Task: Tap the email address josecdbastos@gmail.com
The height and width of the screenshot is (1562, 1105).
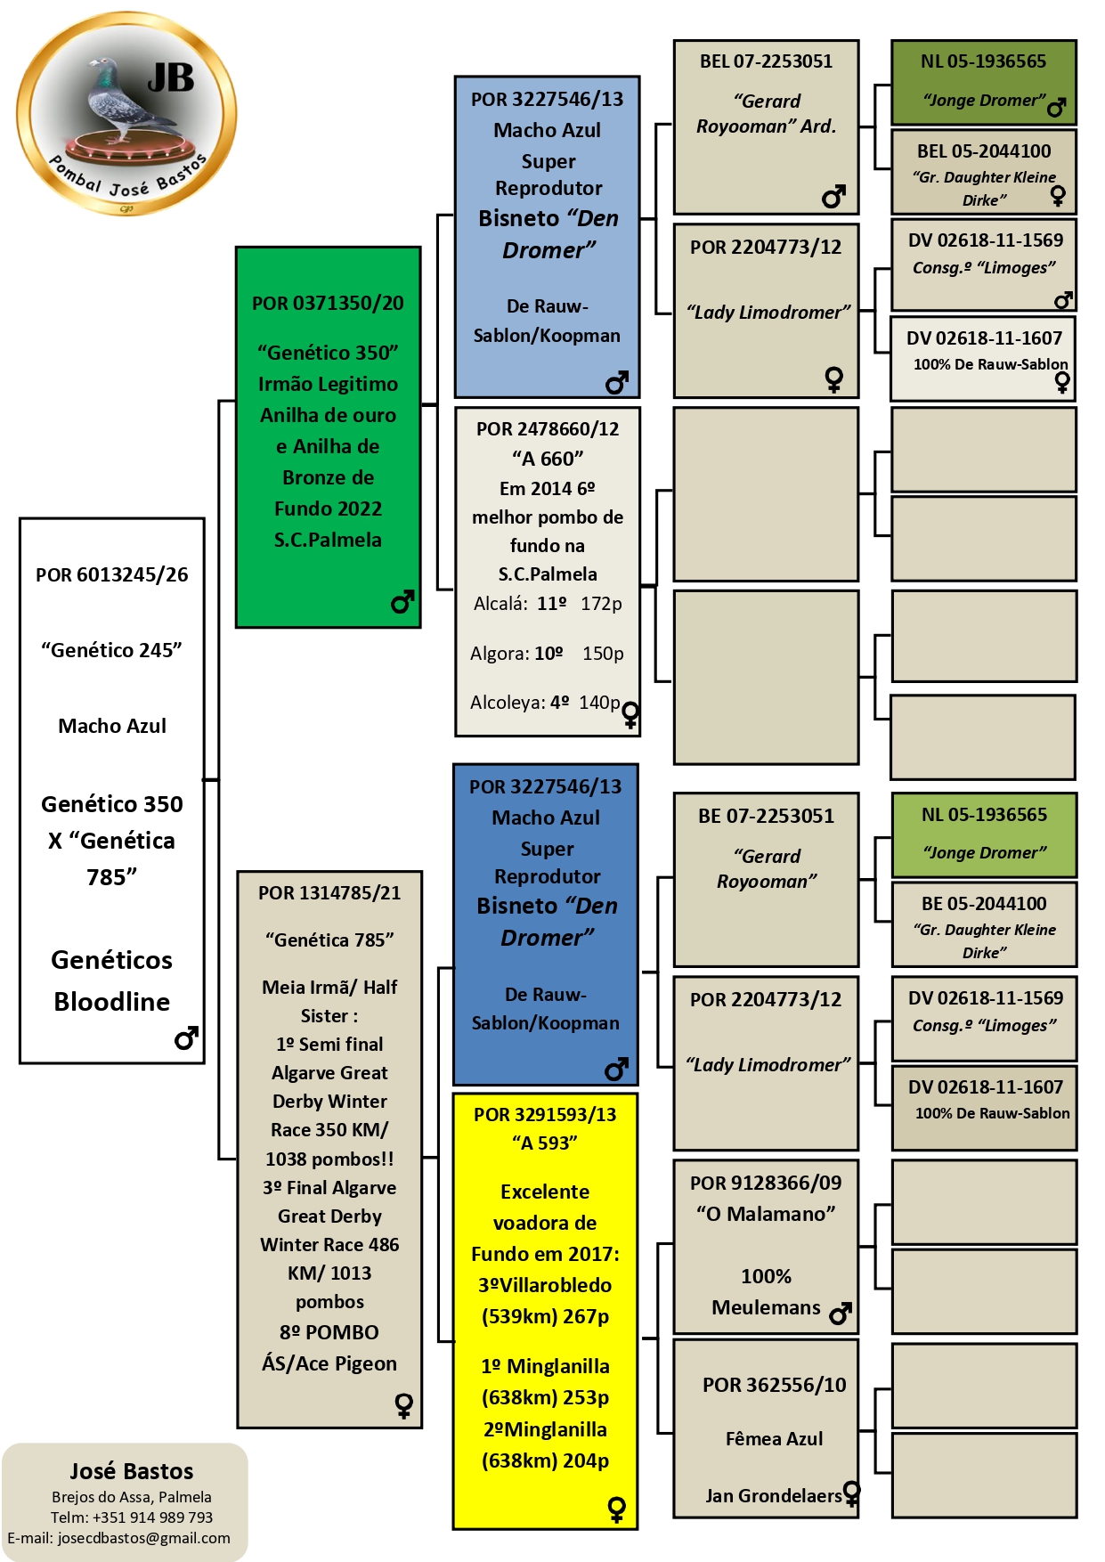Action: (x=144, y=1538)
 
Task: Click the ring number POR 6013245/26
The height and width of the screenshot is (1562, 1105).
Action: (x=112, y=574)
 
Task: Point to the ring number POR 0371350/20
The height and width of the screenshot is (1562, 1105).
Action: (x=328, y=303)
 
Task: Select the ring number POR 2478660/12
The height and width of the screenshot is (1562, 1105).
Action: (x=548, y=428)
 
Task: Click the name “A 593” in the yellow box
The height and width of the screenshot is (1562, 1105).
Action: (x=545, y=1143)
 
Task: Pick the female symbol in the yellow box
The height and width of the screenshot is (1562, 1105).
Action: (x=616, y=1509)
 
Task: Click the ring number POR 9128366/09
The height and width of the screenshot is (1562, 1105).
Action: (x=766, y=1183)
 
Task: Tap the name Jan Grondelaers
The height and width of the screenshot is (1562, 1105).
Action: (x=774, y=1496)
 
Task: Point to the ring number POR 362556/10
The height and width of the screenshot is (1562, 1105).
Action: (x=775, y=1385)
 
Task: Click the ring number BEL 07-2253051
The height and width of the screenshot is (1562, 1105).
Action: (x=766, y=61)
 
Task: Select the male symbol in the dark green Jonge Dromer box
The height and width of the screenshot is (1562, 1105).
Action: (x=1057, y=108)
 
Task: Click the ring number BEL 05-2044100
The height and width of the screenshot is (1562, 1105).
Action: (x=984, y=151)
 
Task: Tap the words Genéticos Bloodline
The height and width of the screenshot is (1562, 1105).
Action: (x=112, y=980)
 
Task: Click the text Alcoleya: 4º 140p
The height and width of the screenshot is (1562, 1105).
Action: (x=545, y=703)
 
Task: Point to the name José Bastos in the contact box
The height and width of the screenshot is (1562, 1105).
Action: (x=132, y=1471)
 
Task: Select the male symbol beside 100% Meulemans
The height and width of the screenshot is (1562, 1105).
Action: (x=841, y=1314)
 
